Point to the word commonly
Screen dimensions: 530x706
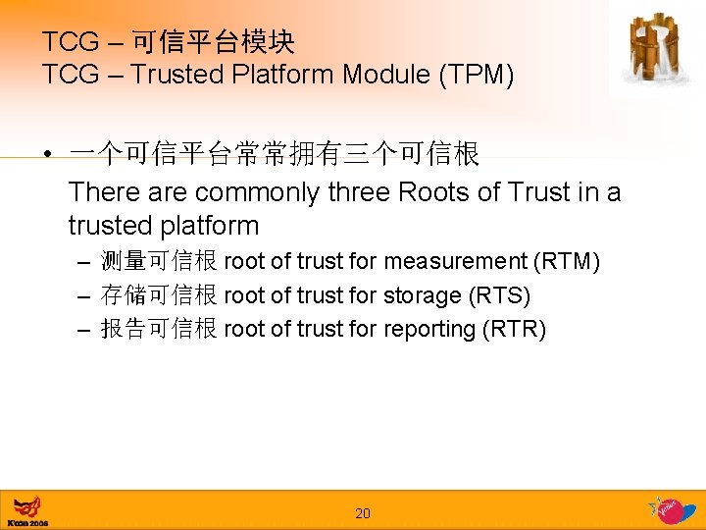pyautogui.click(x=258, y=192)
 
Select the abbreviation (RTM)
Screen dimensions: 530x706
pyautogui.click(x=568, y=261)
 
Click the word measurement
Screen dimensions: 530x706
pyautogui.click(x=456, y=261)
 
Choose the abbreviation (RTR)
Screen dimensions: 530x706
pyautogui.click(x=514, y=329)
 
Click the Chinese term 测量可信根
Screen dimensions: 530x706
pyautogui.click(x=159, y=261)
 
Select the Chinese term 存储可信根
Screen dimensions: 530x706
pyautogui.click(x=159, y=295)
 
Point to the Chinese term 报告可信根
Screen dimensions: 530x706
pyautogui.click(x=159, y=329)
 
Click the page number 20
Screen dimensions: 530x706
pyautogui.click(x=363, y=513)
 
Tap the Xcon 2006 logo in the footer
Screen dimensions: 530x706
pyautogui.click(x=28, y=510)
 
